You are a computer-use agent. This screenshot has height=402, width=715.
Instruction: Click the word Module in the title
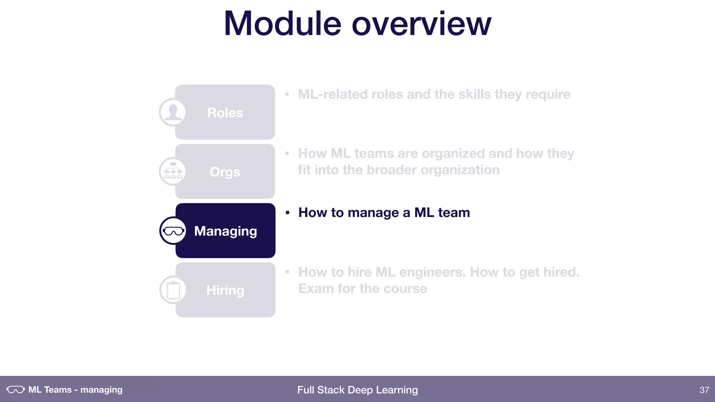[282, 24]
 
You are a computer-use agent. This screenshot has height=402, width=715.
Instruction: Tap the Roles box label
[225, 113]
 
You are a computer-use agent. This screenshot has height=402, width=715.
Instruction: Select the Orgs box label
[225, 172]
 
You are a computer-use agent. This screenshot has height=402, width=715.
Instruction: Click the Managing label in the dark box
[226, 231]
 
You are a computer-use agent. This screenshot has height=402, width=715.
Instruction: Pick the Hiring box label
[225, 290]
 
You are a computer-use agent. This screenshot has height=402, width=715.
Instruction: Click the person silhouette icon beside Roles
[172, 112]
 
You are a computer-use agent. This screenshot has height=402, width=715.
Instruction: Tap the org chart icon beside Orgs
[173, 171]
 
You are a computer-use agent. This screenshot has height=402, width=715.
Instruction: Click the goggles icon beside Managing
[173, 231]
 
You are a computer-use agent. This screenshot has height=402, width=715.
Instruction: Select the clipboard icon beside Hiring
[173, 290]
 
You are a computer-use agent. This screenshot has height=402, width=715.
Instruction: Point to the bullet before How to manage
[287, 213]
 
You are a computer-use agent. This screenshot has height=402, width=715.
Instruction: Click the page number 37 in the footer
[704, 390]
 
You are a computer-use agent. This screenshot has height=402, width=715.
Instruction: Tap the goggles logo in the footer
[16, 389]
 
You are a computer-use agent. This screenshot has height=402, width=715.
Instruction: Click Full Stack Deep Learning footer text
[357, 390]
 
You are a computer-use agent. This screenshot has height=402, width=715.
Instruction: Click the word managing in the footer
[101, 390]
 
